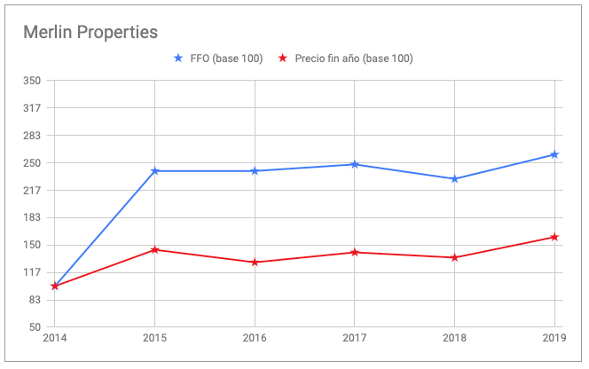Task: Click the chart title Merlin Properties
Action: point(90,32)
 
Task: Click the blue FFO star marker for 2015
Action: point(155,170)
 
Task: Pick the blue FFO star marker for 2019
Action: point(554,154)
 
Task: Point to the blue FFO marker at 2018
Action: point(454,178)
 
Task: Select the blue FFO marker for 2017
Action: point(355,164)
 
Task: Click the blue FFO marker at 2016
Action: point(255,170)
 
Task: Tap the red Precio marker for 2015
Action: point(155,249)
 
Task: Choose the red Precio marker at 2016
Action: point(255,262)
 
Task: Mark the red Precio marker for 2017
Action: point(355,252)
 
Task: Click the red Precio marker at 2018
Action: point(454,257)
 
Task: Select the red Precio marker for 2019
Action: point(554,237)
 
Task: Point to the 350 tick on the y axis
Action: point(34,81)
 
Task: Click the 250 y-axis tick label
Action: point(34,163)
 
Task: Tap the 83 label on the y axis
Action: point(36,301)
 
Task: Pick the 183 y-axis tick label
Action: point(34,218)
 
